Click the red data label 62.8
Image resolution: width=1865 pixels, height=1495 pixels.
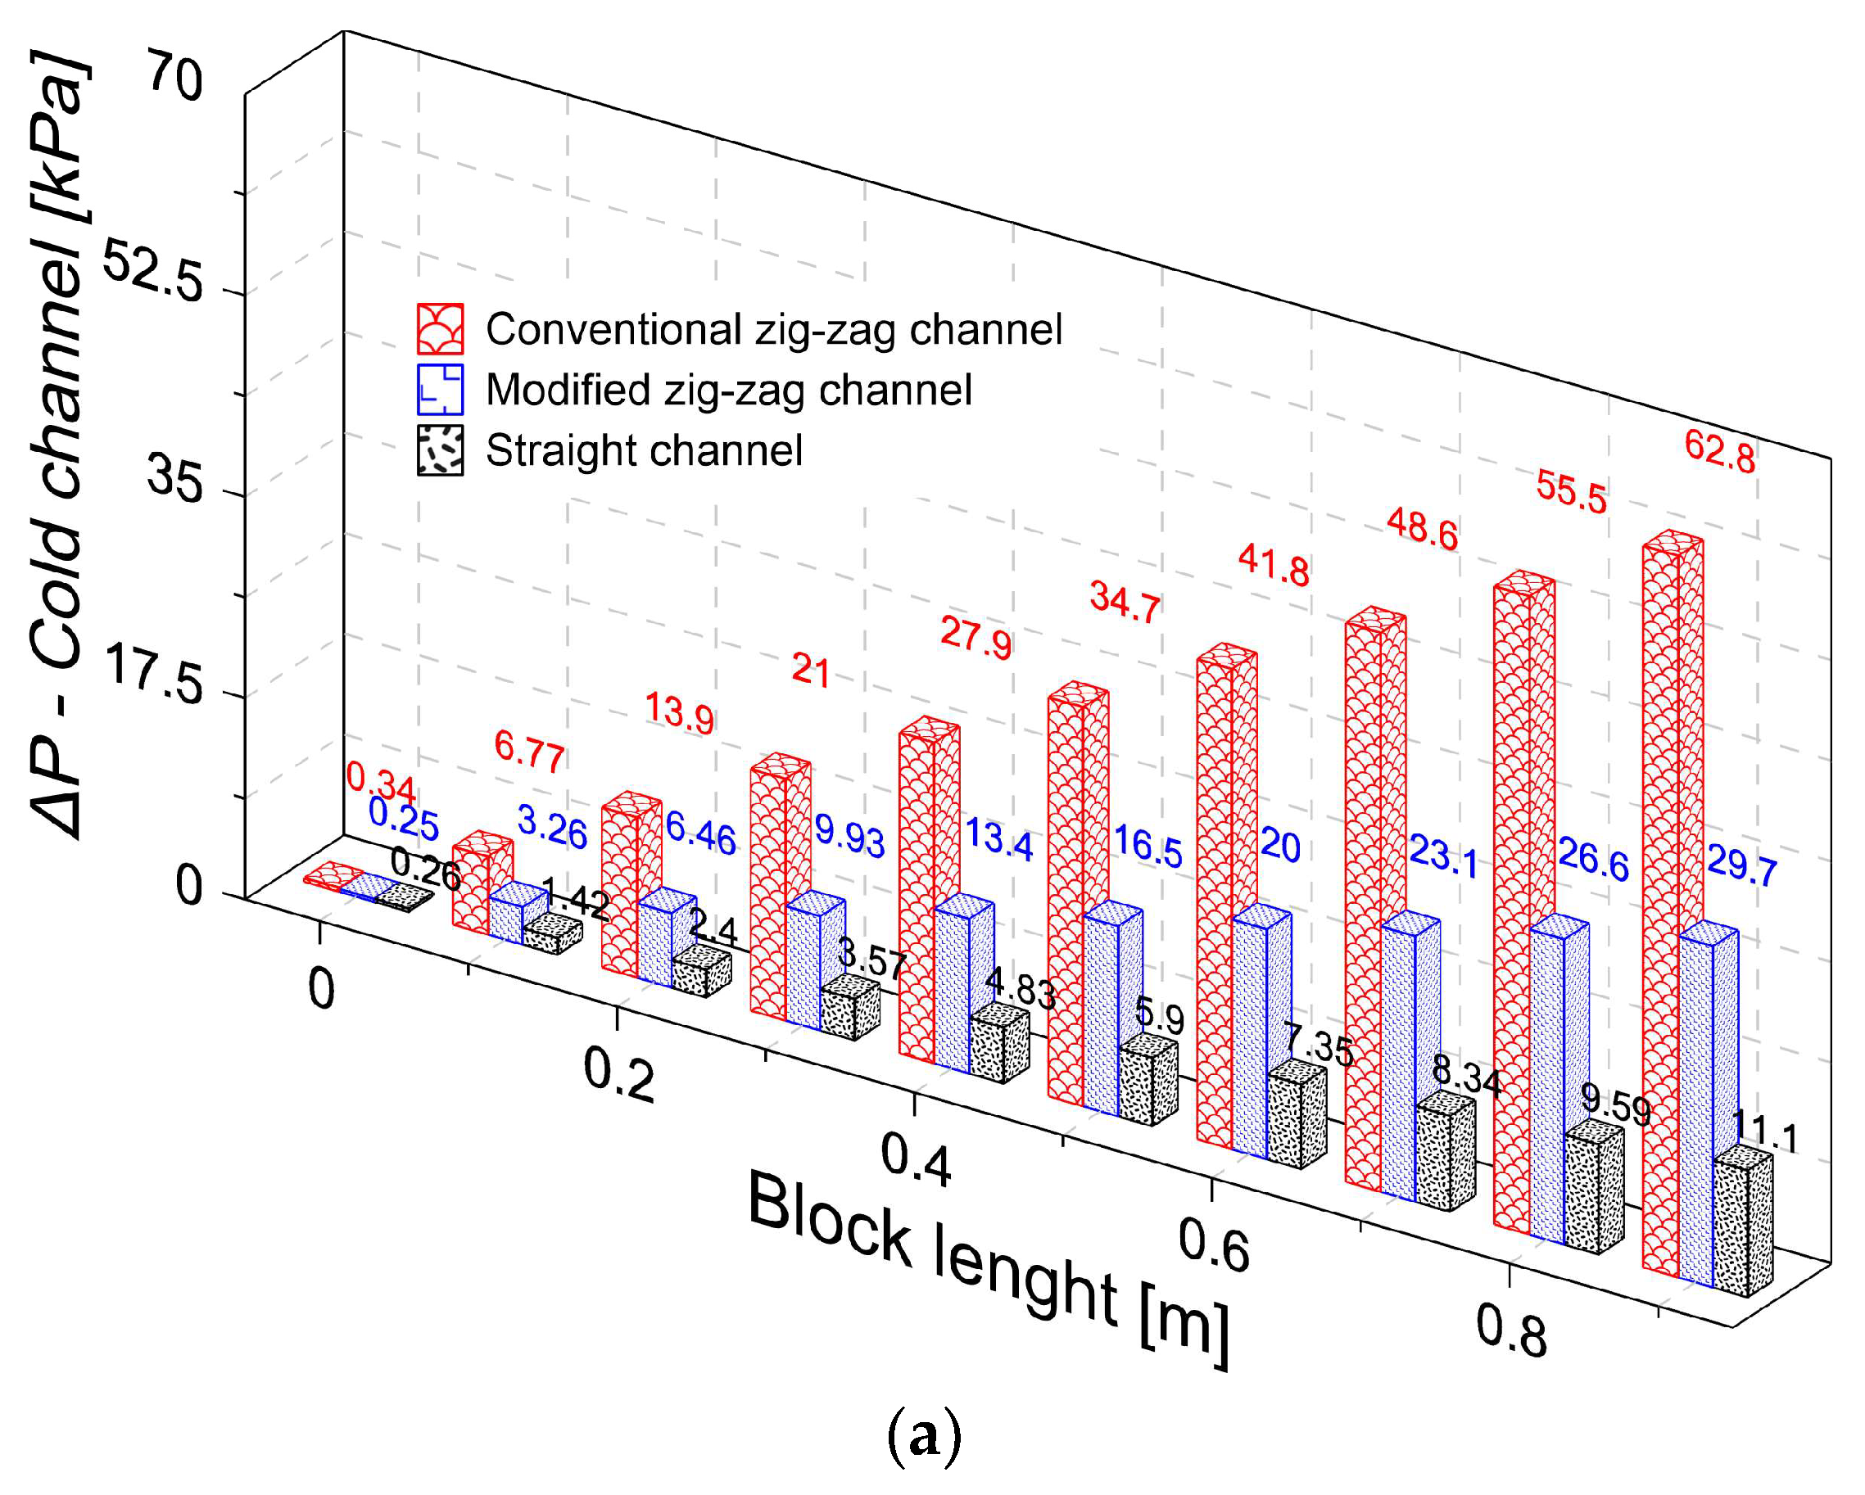[1719, 451]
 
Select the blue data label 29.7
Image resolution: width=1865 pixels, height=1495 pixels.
[1741, 865]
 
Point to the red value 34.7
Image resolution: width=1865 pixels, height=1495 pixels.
[1125, 601]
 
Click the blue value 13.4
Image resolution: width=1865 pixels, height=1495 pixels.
[999, 838]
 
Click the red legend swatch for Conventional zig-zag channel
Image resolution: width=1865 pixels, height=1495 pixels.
[441, 329]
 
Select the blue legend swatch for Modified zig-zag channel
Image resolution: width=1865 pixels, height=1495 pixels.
[441, 390]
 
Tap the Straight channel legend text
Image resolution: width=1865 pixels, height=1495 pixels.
[644, 450]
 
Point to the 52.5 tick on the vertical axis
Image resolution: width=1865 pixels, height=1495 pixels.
[153, 273]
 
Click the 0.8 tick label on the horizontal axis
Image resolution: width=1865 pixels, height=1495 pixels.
[1510, 1331]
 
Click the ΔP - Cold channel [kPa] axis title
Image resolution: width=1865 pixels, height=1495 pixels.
[59, 445]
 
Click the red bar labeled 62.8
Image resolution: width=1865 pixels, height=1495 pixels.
[1660, 908]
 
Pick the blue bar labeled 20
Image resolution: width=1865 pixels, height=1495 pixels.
[1249, 1037]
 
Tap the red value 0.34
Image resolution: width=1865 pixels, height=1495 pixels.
[381, 783]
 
